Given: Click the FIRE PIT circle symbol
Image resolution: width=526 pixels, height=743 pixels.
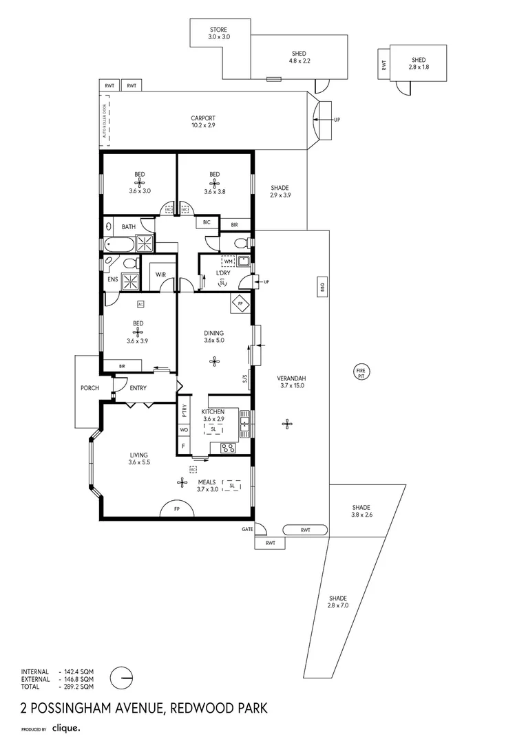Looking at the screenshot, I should pos(360,372).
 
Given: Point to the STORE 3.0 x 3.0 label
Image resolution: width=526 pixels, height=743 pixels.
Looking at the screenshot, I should pos(219,33).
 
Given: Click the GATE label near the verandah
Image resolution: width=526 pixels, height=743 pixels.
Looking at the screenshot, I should pos(247,529).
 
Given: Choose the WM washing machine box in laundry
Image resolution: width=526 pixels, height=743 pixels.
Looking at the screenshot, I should pos(228,261).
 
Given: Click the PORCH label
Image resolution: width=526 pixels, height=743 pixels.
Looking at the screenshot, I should pos(90,388).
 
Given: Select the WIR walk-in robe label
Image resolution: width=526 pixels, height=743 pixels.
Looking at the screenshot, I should pos(160,274).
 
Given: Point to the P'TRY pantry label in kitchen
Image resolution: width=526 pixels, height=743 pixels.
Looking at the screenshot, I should pos(185,411).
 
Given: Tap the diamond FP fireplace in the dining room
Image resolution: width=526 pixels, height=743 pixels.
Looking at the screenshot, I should pos(240,303).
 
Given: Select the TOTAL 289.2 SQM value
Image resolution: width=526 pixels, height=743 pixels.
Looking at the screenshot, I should pos(76,686).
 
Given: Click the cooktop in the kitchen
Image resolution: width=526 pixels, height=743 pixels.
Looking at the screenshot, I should pos(228,448).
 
